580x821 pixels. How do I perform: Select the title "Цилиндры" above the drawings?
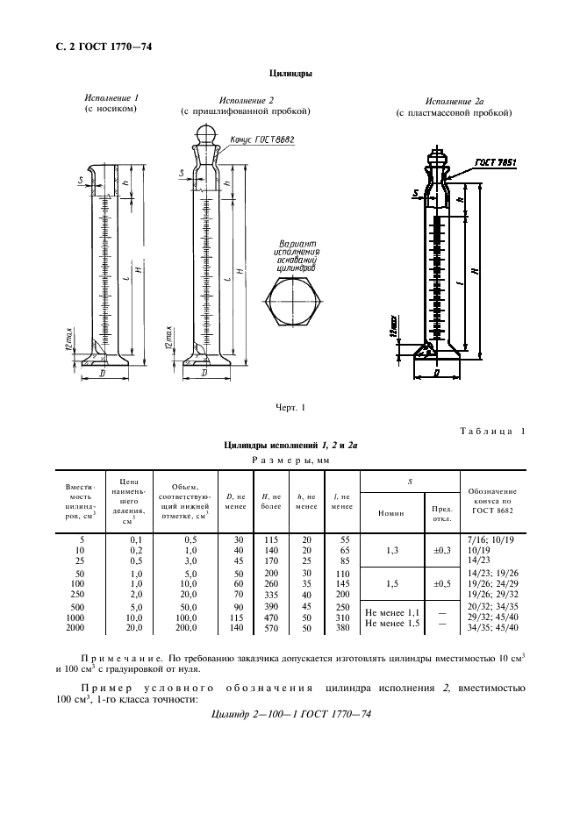point(289,75)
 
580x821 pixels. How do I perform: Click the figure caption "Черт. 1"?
point(289,406)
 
